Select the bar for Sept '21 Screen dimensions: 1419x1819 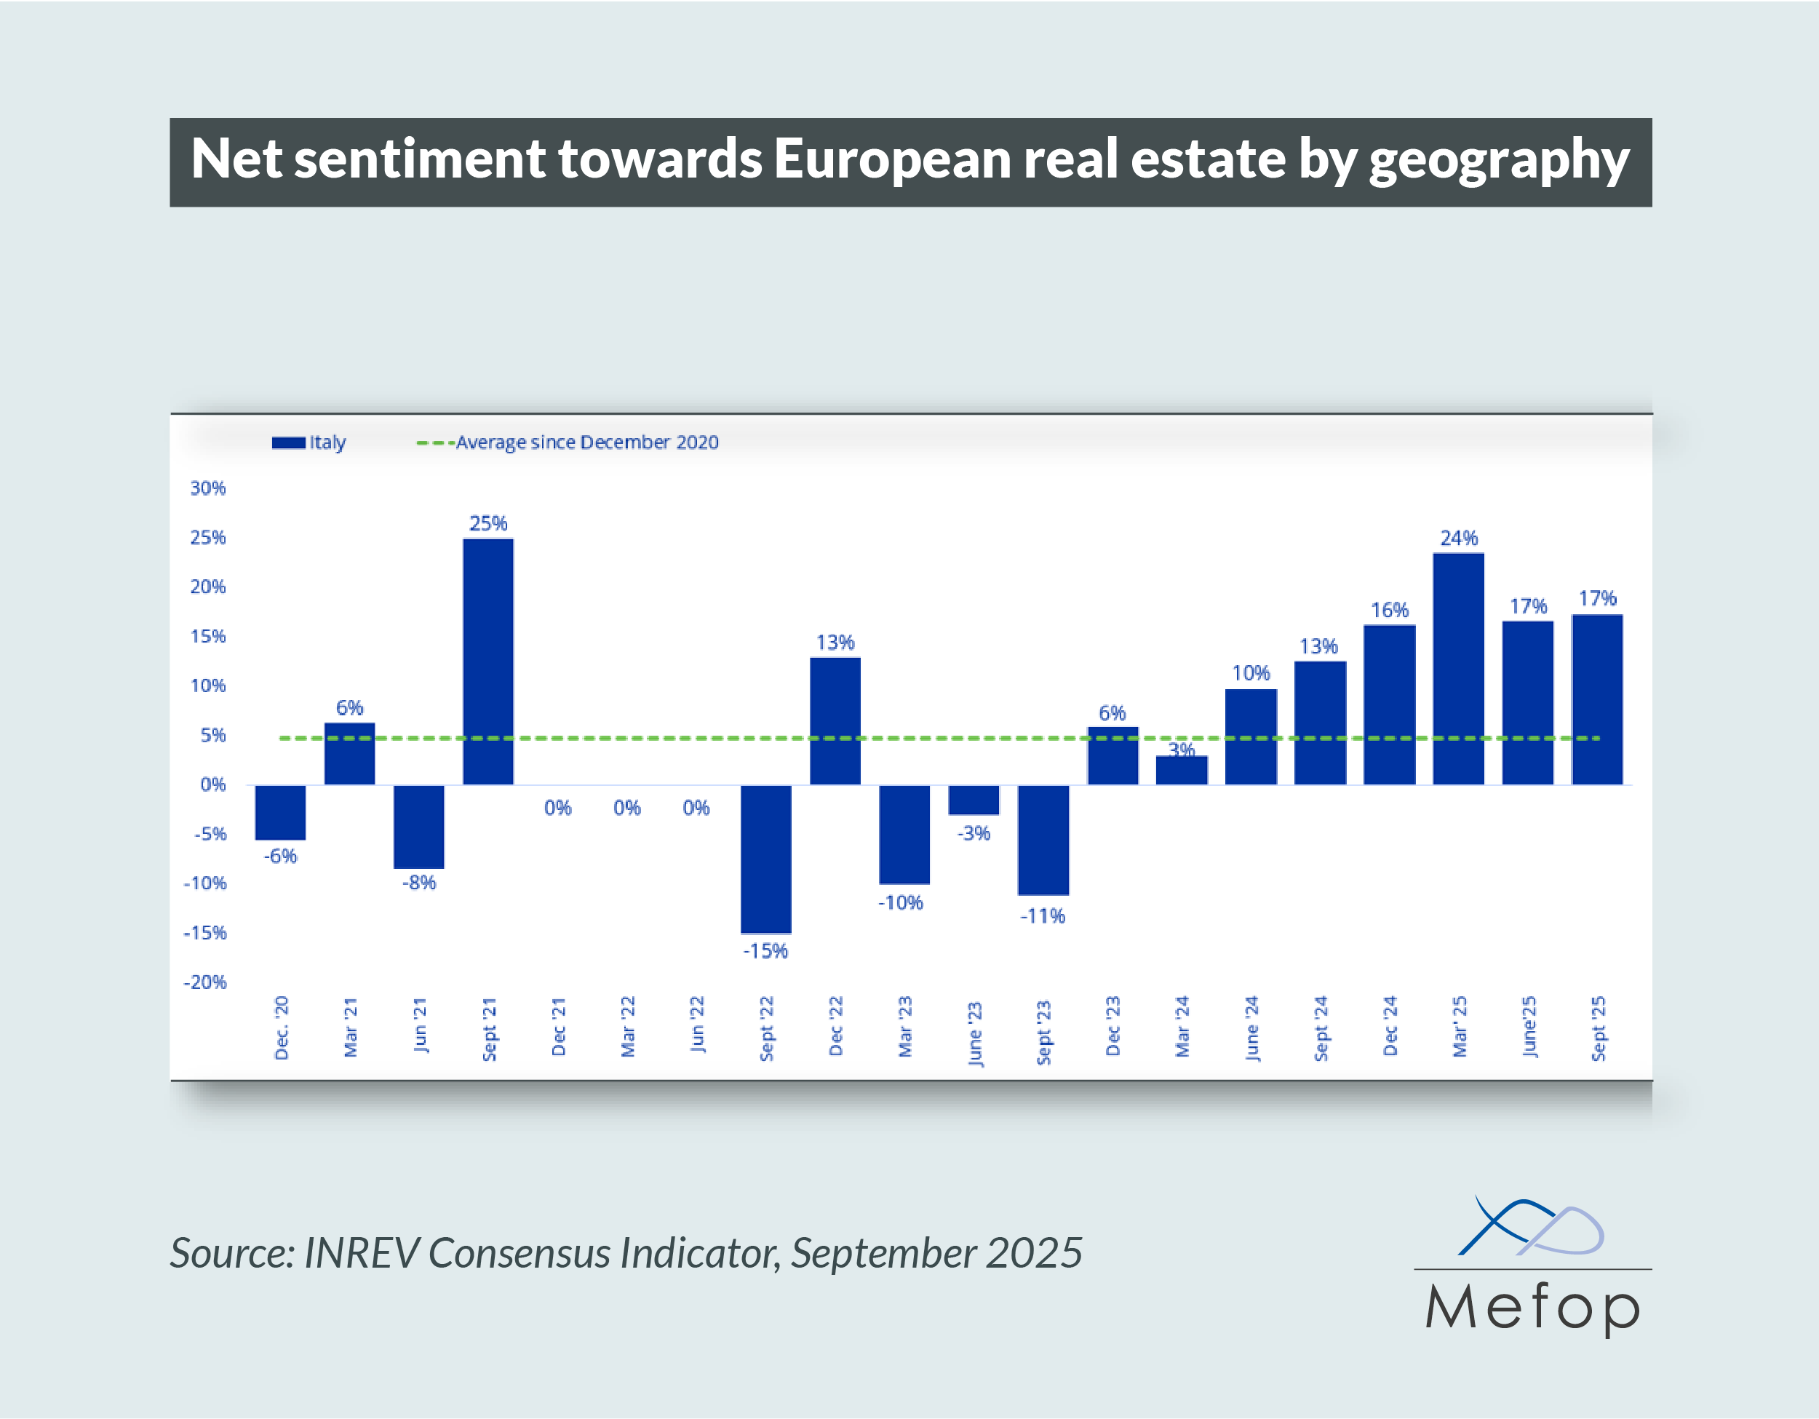[488, 662]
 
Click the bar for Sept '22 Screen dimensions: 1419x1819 [765, 859]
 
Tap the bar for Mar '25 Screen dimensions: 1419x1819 [1458, 669]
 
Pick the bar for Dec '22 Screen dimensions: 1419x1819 [835, 721]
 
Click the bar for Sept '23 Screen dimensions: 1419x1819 [1043, 840]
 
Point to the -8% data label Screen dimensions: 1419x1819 [419, 883]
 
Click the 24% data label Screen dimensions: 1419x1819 [1458, 538]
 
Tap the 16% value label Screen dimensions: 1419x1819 [1389, 611]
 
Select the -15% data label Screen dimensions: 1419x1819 [765, 951]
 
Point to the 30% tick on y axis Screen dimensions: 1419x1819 [208, 488]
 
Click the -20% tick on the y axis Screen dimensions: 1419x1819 [205, 982]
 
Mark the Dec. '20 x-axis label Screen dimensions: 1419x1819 [282, 1028]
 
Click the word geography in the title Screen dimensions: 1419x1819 [1498, 160]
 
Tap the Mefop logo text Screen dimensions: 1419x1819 [1532, 1308]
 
